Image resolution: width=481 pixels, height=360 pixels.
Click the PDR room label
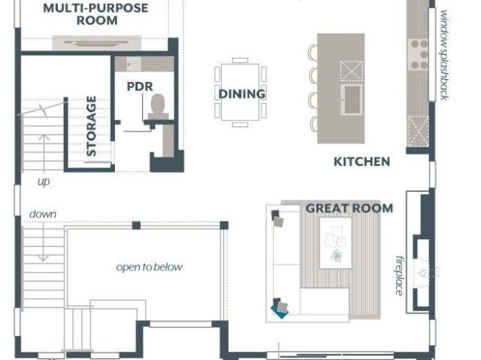(x=140, y=86)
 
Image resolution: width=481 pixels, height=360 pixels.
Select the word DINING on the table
(x=242, y=94)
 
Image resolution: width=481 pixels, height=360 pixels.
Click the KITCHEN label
(x=362, y=162)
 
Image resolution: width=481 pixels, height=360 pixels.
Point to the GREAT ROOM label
(x=349, y=208)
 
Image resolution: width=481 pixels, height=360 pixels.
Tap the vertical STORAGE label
(x=92, y=126)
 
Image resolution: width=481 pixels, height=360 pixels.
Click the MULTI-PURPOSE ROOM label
(x=96, y=14)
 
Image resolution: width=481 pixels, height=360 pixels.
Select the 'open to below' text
(x=150, y=267)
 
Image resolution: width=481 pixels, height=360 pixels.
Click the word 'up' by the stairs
(x=44, y=182)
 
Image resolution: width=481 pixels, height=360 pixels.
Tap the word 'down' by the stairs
(x=43, y=214)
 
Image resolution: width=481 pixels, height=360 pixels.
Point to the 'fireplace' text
(x=399, y=275)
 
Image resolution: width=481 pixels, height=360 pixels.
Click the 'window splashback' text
(x=444, y=55)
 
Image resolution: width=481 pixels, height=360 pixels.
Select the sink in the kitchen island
(x=352, y=99)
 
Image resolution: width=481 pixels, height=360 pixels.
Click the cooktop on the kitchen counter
(x=419, y=54)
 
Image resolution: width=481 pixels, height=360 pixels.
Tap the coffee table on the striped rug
(x=336, y=243)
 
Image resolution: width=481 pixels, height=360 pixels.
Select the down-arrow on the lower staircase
(x=44, y=242)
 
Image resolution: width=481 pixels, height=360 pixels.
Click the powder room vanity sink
(x=129, y=64)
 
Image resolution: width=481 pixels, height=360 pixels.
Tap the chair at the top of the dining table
(x=240, y=60)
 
